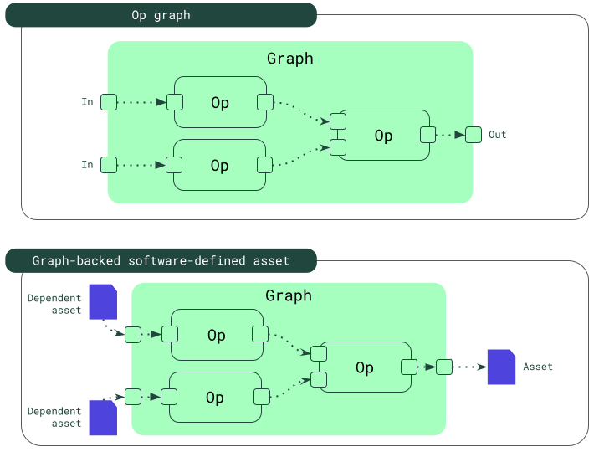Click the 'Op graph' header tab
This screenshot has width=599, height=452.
click(161, 15)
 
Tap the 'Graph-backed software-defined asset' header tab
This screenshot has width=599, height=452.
click(161, 260)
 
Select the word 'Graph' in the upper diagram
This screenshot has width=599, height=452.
click(290, 59)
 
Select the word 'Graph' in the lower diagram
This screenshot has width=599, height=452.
click(289, 295)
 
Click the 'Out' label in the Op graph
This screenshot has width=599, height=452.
click(498, 135)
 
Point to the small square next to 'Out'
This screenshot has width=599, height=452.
click(474, 134)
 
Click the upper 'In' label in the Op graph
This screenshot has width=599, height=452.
click(87, 102)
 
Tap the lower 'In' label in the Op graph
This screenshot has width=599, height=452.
click(87, 165)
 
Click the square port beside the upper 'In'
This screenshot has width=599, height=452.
click(109, 102)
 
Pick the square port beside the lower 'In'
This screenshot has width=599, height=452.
click(109, 165)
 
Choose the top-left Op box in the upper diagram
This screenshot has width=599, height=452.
click(220, 102)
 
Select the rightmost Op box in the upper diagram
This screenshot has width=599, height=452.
click(383, 135)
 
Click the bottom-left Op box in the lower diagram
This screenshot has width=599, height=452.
click(215, 397)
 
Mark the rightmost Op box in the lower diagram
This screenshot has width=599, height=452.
click(365, 367)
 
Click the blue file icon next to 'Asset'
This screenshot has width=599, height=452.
click(501, 367)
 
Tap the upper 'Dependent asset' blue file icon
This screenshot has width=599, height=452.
click(103, 301)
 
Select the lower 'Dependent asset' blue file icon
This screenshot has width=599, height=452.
click(103, 418)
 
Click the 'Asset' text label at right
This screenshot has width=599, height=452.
click(538, 367)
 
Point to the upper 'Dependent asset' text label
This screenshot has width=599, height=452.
click(55, 304)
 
